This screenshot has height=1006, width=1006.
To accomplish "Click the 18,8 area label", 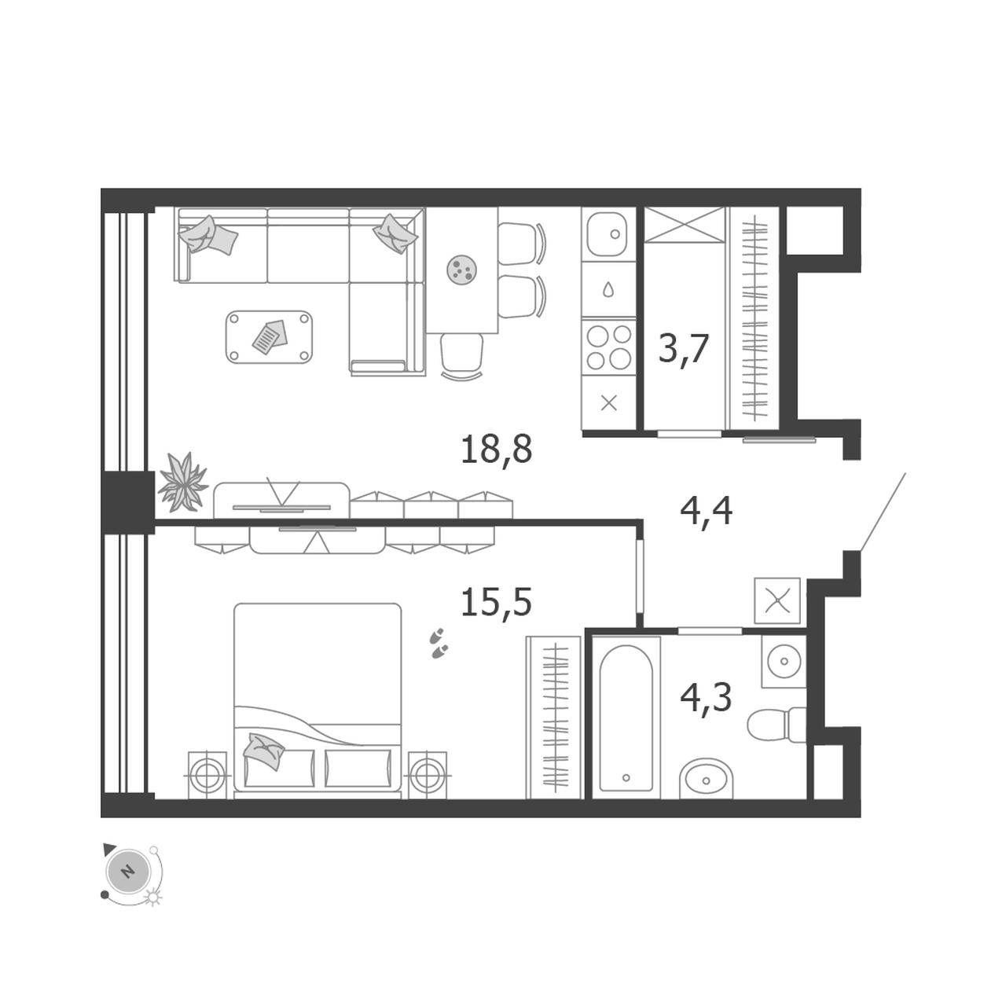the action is pyautogui.click(x=496, y=450).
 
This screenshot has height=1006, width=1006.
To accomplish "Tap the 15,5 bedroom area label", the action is pyautogui.click(x=496, y=602).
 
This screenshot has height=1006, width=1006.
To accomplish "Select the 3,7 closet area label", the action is pyautogui.click(x=683, y=349).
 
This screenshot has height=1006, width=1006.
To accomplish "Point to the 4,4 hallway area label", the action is pyautogui.click(x=706, y=512).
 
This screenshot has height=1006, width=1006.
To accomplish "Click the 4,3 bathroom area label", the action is pyautogui.click(x=706, y=697).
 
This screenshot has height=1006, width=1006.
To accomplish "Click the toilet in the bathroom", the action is pyautogui.click(x=777, y=724).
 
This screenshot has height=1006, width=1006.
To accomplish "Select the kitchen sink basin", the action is pyautogui.click(x=608, y=233).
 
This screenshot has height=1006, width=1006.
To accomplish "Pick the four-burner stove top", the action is pyautogui.click(x=609, y=347).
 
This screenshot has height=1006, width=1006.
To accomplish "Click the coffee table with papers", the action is pyautogui.click(x=269, y=336).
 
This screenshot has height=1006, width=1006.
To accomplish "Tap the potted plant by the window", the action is pyautogui.click(x=182, y=482).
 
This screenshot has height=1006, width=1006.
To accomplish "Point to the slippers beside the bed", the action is pyautogui.click(x=439, y=643).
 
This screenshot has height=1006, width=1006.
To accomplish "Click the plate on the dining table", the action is pyautogui.click(x=461, y=270).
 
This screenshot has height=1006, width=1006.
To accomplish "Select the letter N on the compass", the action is pyautogui.click(x=127, y=872).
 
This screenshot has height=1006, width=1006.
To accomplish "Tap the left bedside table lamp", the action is pyautogui.click(x=207, y=776).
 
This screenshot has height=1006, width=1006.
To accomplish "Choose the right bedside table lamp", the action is pyautogui.click(x=428, y=776).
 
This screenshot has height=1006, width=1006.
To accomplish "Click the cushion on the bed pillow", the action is pyautogui.click(x=265, y=751).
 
